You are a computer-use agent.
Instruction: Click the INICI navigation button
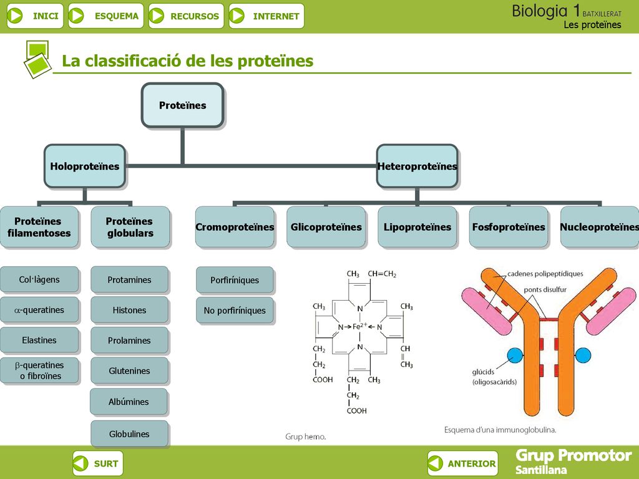pos(35,16)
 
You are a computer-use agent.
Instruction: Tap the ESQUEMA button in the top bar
pos(106,16)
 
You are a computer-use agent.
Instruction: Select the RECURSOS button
pos(186,16)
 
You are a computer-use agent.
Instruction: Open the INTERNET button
pos(266,16)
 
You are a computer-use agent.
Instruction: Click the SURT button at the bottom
pos(98,463)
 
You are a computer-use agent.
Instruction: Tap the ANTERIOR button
pos(463,463)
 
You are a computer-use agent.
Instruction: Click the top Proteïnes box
pos(183,105)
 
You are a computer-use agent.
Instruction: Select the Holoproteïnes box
pos(85,166)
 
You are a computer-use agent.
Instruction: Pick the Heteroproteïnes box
pos(417,166)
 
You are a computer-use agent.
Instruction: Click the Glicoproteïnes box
pos(326,227)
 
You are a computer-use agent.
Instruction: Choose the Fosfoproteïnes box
pos(509,227)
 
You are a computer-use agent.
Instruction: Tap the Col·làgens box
pos(39,279)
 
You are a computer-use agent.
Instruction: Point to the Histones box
pos(129,310)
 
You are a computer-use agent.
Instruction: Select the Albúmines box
pos(129,402)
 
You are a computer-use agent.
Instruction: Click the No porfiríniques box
pos(235,311)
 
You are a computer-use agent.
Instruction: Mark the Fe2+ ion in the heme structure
pos(359,326)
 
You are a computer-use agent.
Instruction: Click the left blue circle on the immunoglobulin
pos(515,356)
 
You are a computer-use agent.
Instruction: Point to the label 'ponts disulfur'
pos(545,289)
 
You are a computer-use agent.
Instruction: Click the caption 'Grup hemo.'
pos(306,437)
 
